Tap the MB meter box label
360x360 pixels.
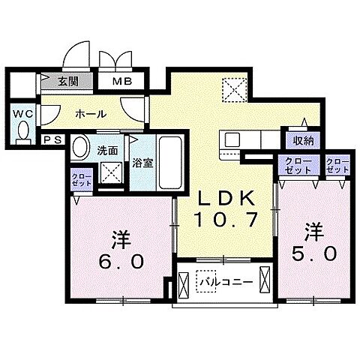coord(120,82)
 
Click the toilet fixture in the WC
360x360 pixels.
coord(22,133)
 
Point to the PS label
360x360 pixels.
coord(52,139)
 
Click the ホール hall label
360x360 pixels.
coord(89,113)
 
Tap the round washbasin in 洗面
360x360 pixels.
coord(80,148)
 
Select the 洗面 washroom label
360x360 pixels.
coord(107,149)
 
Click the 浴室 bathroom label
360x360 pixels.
coord(143,161)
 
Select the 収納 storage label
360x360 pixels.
coord(303,141)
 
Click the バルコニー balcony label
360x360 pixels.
coord(220,281)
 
